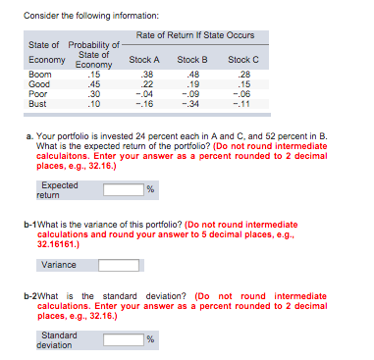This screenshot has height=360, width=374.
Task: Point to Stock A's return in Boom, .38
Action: tap(147, 74)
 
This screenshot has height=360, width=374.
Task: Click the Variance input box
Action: tap(117, 264)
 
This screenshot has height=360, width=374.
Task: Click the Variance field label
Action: tap(58, 264)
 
